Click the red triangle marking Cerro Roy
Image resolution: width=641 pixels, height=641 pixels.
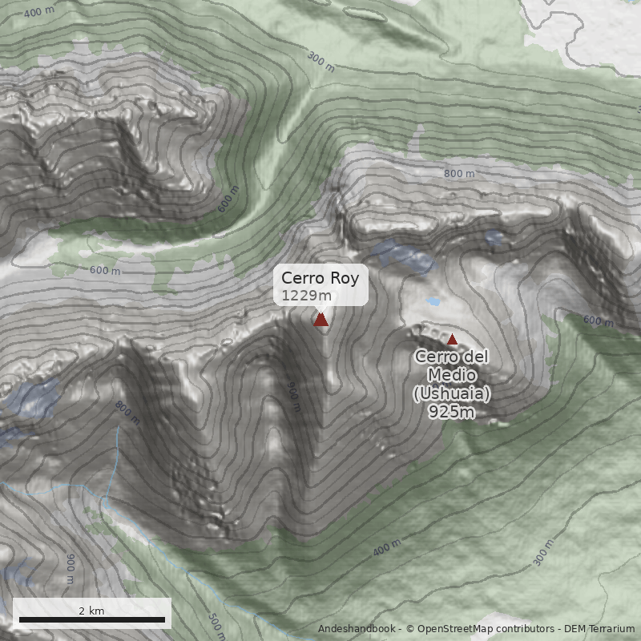tap(321, 320)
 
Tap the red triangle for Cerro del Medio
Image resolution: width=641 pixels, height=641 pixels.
tap(452, 340)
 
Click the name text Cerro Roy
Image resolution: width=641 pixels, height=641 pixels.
tap(320, 279)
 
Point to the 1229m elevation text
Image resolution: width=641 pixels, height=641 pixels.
tap(300, 296)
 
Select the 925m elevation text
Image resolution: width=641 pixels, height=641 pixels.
tap(452, 413)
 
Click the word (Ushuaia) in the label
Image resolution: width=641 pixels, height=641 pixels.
tap(452, 394)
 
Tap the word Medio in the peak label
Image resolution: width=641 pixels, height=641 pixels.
tap(452, 376)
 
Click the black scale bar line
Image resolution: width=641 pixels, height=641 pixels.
tap(92, 619)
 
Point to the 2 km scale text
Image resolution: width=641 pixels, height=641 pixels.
tap(91, 611)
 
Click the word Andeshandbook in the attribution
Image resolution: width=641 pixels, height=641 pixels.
tap(358, 630)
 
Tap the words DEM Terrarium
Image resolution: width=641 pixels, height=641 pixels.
tap(599, 630)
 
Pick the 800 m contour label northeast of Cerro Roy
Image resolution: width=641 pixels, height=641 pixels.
tap(459, 174)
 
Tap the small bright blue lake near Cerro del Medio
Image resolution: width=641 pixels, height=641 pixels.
tap(433, 302)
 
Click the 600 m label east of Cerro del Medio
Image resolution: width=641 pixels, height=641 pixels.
tap(598, 320)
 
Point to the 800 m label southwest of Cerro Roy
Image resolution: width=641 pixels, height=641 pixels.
tap(127, 413)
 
